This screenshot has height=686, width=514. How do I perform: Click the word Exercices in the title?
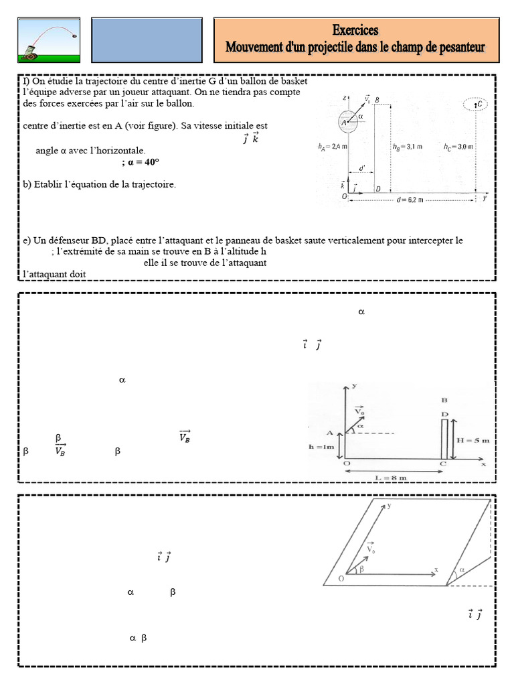pyautogui.click(x=355, y=30)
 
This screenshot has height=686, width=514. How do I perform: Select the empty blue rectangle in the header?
pyautogui.click(x=146, y=40)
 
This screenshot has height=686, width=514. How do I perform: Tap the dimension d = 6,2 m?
pyautogui.click(x=409, y=200)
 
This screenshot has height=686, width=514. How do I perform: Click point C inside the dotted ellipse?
pyautogui.click(x=477, y=105)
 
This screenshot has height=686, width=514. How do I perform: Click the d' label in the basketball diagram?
pyautogui.click(x=362, y=168)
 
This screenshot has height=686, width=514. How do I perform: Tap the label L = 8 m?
pyautogui.click(x=393, y=477)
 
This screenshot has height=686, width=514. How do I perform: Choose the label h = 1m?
pyautogui.click(x=323, y=447)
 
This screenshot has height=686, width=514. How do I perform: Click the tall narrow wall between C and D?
pyautogui.click(x=444, y=439)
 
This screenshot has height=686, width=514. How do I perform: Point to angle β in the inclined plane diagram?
pyautogui.click(x=363, y=569)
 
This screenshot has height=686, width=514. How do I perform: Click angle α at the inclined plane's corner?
pyautogui.click(x=461, y=570)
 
